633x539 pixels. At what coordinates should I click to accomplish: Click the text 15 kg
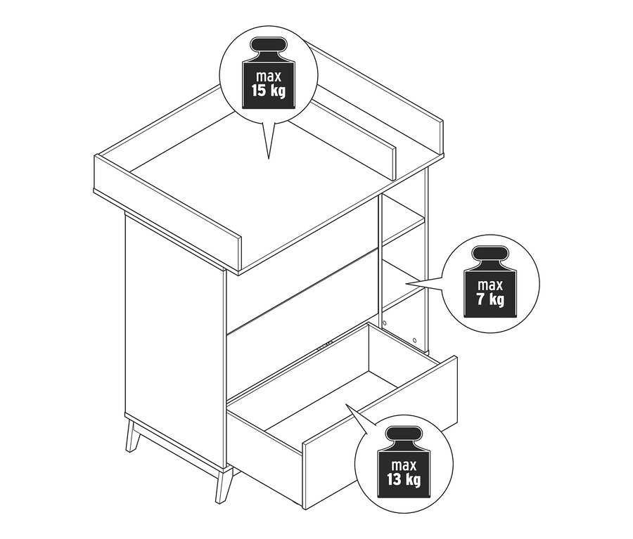click(x=268, y=91)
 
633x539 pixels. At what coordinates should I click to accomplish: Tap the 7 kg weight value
click(x=490, y=301)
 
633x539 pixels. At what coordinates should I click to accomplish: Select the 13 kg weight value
click(x=403, y=480)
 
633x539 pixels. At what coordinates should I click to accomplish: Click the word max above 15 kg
click(x=268, y=76)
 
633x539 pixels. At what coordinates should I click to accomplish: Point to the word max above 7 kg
click(x=490, y=285)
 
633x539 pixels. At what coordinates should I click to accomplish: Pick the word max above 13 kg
click(x=403, y=465)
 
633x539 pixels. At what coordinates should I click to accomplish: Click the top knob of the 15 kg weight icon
click(x=268, y=52)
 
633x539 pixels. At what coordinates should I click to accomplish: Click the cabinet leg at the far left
click(x=132, y=435)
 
